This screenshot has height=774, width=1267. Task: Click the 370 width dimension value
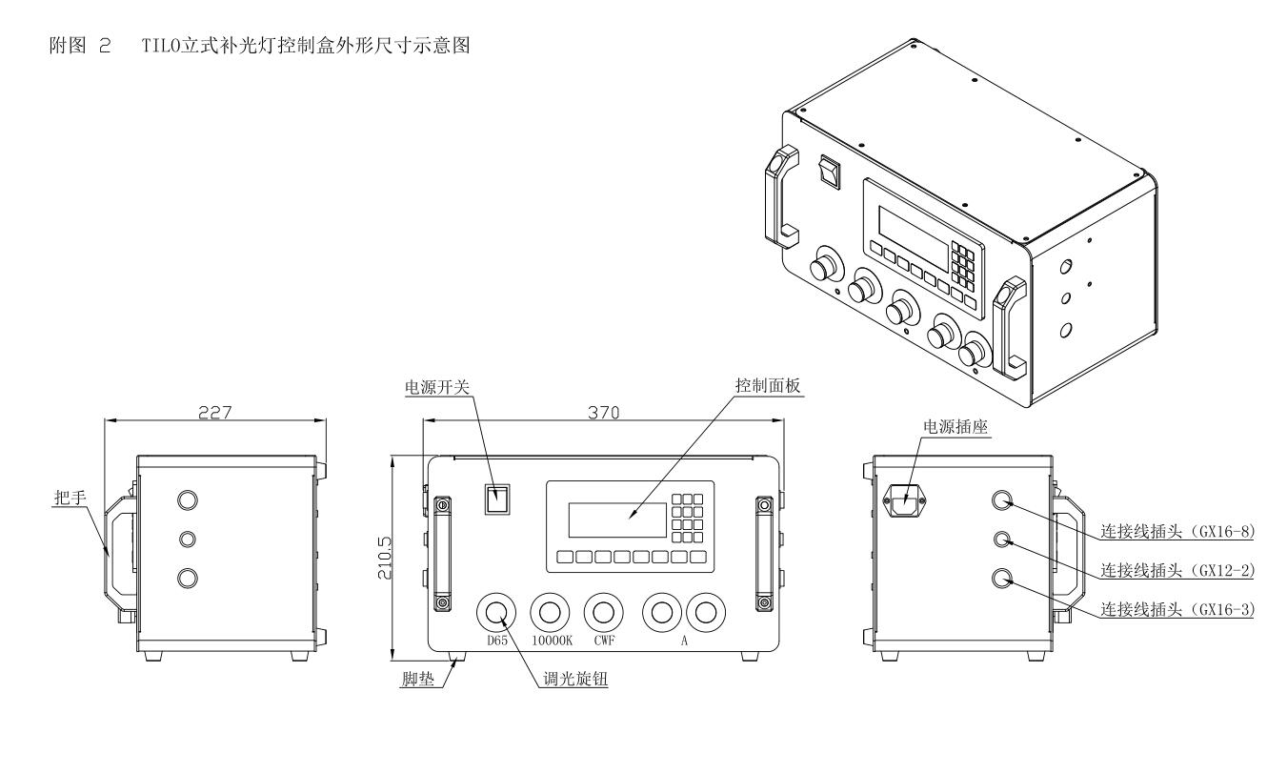(603, 413)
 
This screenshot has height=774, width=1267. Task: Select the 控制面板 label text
(760, 387)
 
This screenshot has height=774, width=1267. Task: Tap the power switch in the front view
(495, 499)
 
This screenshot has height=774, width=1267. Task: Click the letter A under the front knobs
(683, 642)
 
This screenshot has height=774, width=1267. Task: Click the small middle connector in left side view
(189, 540)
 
